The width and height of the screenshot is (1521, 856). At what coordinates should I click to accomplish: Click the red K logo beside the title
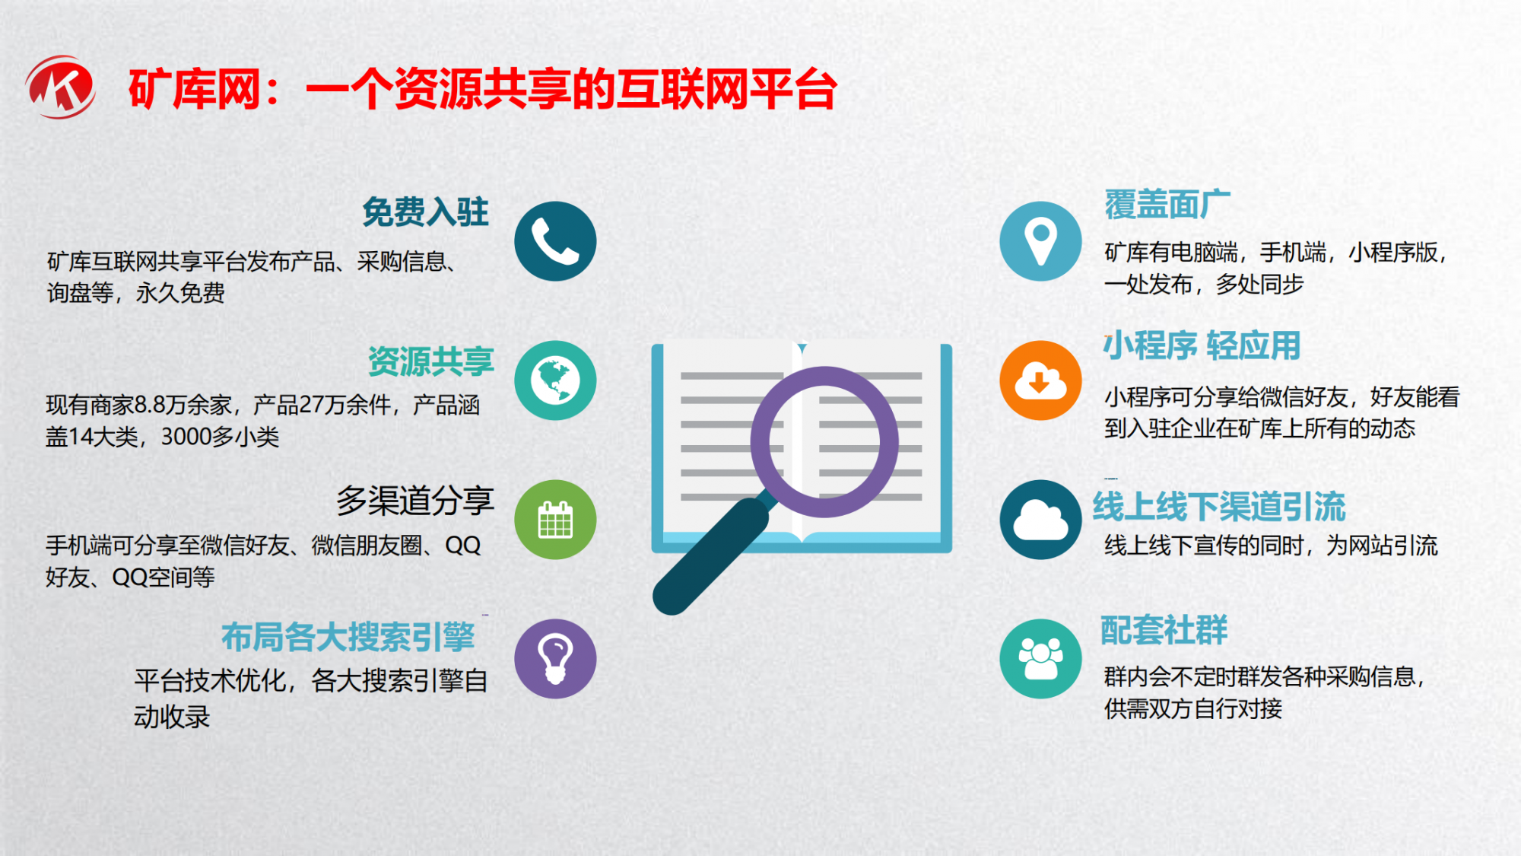(x=61, y=87)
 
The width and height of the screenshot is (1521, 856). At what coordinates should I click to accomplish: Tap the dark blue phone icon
(x=555, y=241)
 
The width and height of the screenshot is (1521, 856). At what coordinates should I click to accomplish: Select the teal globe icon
(x=555, y=380)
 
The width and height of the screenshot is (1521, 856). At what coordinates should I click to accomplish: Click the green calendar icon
(x=555, y=520)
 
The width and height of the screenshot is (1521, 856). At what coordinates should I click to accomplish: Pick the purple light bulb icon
(x=555, y=659)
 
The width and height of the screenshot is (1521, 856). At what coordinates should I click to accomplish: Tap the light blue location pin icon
(x=1040, y=241)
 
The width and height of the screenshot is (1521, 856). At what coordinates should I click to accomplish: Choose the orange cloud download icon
(x=1040, y=380)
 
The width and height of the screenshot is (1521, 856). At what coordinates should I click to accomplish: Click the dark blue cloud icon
(x=1040, y=520)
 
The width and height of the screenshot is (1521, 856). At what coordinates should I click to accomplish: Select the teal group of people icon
(x=1040, y=659)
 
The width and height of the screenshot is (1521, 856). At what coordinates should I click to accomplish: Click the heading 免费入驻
(x=425, y=212)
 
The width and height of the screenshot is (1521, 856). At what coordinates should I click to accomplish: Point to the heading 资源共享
(x=431, y=361)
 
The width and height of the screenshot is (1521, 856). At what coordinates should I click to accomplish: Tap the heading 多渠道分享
(x=415, y=501)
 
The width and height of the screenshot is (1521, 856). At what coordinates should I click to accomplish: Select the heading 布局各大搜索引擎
(x=348, y=637)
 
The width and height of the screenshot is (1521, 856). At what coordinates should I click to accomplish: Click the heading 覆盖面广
(x=1167, y=205)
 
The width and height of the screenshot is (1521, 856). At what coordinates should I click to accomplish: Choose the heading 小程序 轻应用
(x=1202, y=345)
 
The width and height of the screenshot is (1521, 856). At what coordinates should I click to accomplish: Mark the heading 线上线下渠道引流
(x=1219, y=507)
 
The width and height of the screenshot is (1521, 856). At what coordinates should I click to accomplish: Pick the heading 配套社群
(x=1164, y=630)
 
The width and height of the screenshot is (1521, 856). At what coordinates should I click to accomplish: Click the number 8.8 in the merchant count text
(x=151, y=405)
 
